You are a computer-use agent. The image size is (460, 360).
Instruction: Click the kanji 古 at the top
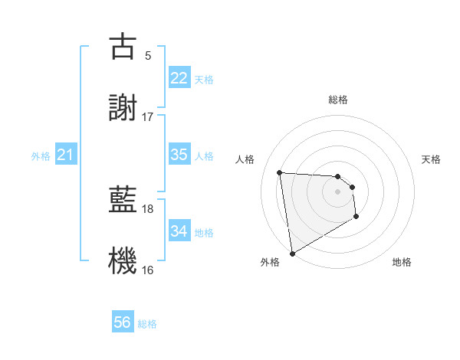point(123,47)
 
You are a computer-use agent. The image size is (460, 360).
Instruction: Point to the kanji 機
point(123,261)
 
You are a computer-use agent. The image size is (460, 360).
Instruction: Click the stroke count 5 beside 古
point(148,55)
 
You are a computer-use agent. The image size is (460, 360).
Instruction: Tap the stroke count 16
point(148,270)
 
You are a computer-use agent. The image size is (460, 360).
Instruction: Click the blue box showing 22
point(179,78)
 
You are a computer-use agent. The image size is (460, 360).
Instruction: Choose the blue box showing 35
point(179,155)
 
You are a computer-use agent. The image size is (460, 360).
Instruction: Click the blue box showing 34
point(179,231)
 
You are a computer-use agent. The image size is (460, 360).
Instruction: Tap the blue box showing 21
point(65,155)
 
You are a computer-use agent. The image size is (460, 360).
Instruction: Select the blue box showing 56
point(123,322)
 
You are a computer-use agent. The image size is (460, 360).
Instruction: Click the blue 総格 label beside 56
point(147,324)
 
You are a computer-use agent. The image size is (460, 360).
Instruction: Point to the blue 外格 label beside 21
point(41,156)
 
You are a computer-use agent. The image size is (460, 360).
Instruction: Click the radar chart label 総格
point(338,100)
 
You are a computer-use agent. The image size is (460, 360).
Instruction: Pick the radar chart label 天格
point(431,159)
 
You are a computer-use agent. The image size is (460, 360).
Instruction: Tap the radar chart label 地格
point(402,262)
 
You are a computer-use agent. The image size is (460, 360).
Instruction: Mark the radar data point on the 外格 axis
point(292,253)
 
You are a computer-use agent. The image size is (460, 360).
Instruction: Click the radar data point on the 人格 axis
point(280,172)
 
